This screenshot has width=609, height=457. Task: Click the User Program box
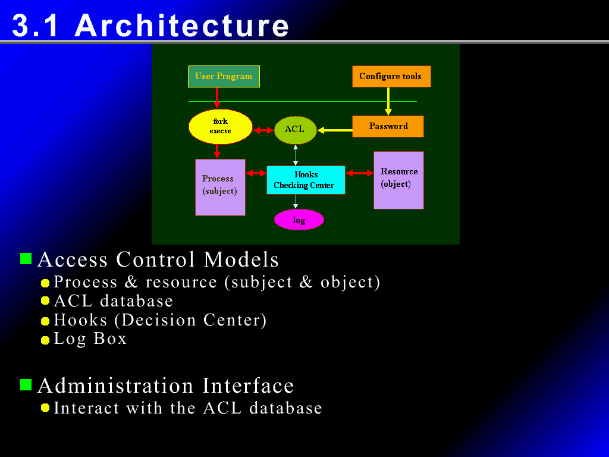[x=224, y=77]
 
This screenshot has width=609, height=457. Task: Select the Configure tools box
[x=391, y=77]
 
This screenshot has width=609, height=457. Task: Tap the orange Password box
[x=388, y=126]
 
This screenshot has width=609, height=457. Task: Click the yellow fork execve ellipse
[x=221, y=127]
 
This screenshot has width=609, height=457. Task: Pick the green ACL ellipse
[x=295, y=130]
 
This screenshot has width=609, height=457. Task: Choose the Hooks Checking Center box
[x=306, y=180]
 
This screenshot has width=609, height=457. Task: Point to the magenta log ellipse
[x=299, y=220]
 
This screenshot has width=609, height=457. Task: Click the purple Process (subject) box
[x=220, y=187]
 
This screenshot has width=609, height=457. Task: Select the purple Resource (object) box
[x=398, y=180]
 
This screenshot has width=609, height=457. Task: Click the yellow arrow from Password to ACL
[x=335, y=130]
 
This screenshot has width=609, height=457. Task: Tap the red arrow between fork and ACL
[x=263, y=130]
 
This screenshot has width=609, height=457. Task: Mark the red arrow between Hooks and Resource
[x=359, y=173]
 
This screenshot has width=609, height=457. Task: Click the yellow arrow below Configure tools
[x=388, y=101]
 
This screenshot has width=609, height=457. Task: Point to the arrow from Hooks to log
[x=296, y=202]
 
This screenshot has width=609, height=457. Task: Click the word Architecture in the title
[x=182, y=26]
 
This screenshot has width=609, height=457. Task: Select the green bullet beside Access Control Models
[x=26, y=258]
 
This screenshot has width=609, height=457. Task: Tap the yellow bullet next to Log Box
[x=45, y=340]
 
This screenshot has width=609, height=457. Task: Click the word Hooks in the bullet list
[x=80, y=320]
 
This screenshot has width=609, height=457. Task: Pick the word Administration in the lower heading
[x=115, y=386]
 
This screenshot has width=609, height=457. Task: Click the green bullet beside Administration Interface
[x=26, y=385]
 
